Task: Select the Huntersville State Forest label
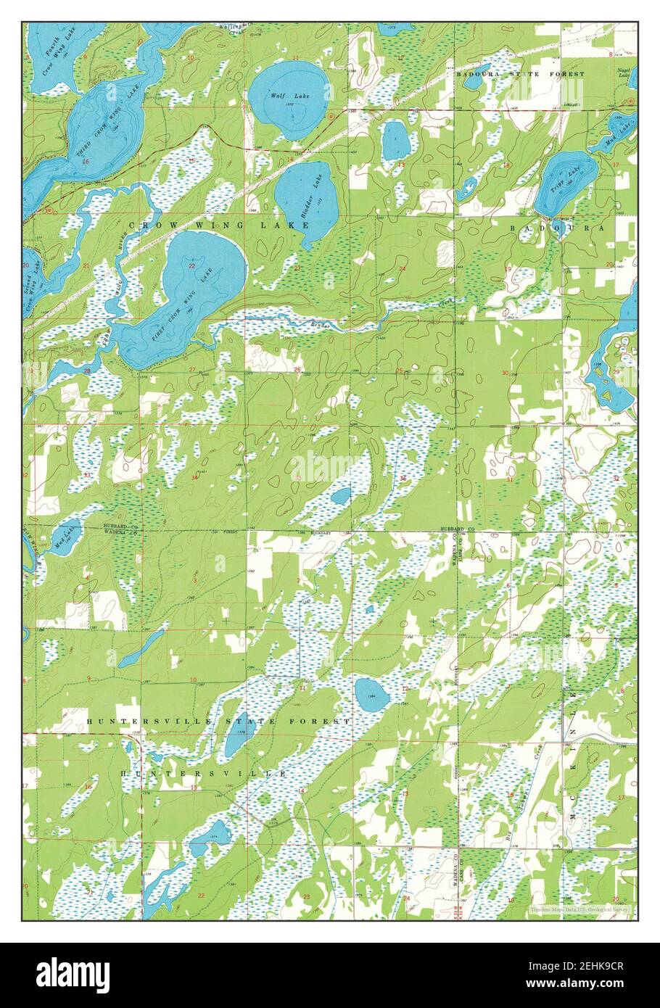218,722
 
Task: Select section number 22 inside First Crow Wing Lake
191,266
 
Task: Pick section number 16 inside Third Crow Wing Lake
86,160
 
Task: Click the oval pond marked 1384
371,694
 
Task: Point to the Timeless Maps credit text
579,908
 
